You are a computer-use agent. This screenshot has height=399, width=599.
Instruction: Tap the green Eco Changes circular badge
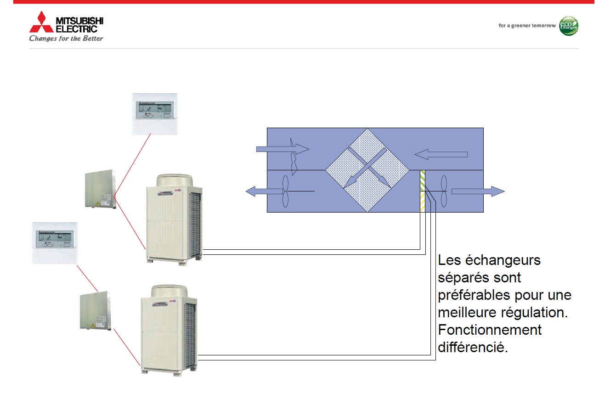(568, 26)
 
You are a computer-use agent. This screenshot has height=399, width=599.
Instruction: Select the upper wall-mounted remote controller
(155, 114)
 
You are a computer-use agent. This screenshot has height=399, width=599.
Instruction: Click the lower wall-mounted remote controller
(55, 243)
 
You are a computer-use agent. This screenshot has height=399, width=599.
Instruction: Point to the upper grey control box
(100, 189)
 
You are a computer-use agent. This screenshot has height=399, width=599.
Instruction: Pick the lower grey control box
(96, 311)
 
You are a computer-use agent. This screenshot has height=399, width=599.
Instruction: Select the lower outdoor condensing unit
(169, 329)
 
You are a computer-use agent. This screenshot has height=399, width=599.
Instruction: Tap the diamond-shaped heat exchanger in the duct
(367, 170)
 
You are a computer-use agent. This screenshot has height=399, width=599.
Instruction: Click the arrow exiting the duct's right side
(478, 191)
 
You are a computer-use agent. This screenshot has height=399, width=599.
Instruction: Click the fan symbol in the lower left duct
(285, 191)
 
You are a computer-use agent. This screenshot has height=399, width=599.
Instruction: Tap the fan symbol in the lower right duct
(444, 191)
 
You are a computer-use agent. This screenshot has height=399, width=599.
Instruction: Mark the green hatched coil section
(422, 180)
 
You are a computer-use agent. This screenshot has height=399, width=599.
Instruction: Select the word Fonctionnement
(490, 330)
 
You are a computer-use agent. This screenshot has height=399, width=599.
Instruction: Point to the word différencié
(473, 347)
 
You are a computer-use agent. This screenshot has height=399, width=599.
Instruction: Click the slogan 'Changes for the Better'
(66, 39)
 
